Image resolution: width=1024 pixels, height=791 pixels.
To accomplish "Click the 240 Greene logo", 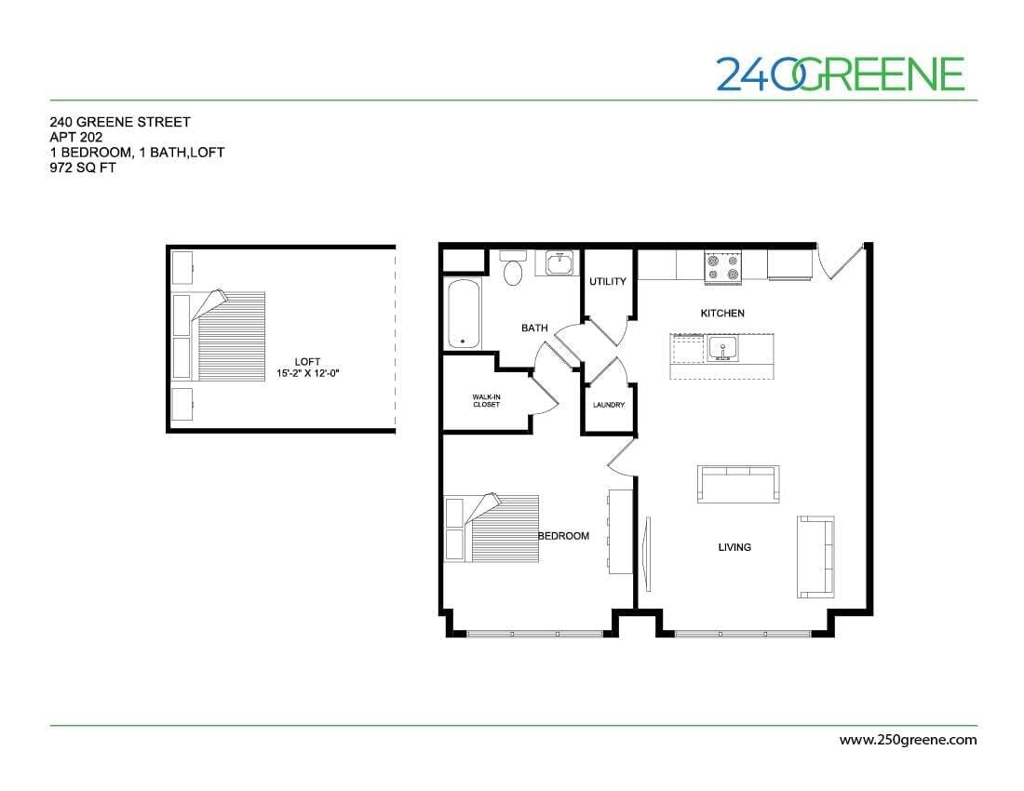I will [x=840, y=74].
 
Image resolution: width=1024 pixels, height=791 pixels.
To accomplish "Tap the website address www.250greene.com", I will [x=908, y=741].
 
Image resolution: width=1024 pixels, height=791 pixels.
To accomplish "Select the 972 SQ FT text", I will [x=83, y=168].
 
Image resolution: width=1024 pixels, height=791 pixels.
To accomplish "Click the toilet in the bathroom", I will [x=512, y=270].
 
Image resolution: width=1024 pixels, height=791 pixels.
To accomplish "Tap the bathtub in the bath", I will [x=463, y=315].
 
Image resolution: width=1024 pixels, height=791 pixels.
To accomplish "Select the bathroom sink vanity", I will [x=558, y=263].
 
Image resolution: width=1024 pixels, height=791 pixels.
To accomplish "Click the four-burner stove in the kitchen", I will [x=723, y=266].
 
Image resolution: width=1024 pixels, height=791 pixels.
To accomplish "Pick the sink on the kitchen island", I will [x=722, y=349].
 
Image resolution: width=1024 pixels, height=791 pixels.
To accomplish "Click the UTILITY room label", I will [x=608, y=282].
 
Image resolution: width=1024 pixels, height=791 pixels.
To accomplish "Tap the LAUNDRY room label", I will [x=608, y=405].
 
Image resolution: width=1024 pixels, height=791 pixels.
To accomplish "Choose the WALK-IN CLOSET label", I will [x=486, y=401].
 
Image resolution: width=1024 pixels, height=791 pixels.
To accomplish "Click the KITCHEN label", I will [x=722, y=314].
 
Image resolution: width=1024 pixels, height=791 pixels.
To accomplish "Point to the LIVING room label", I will [x=734, y=547].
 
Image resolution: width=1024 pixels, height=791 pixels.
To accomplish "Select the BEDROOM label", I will [x=563, y=536].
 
